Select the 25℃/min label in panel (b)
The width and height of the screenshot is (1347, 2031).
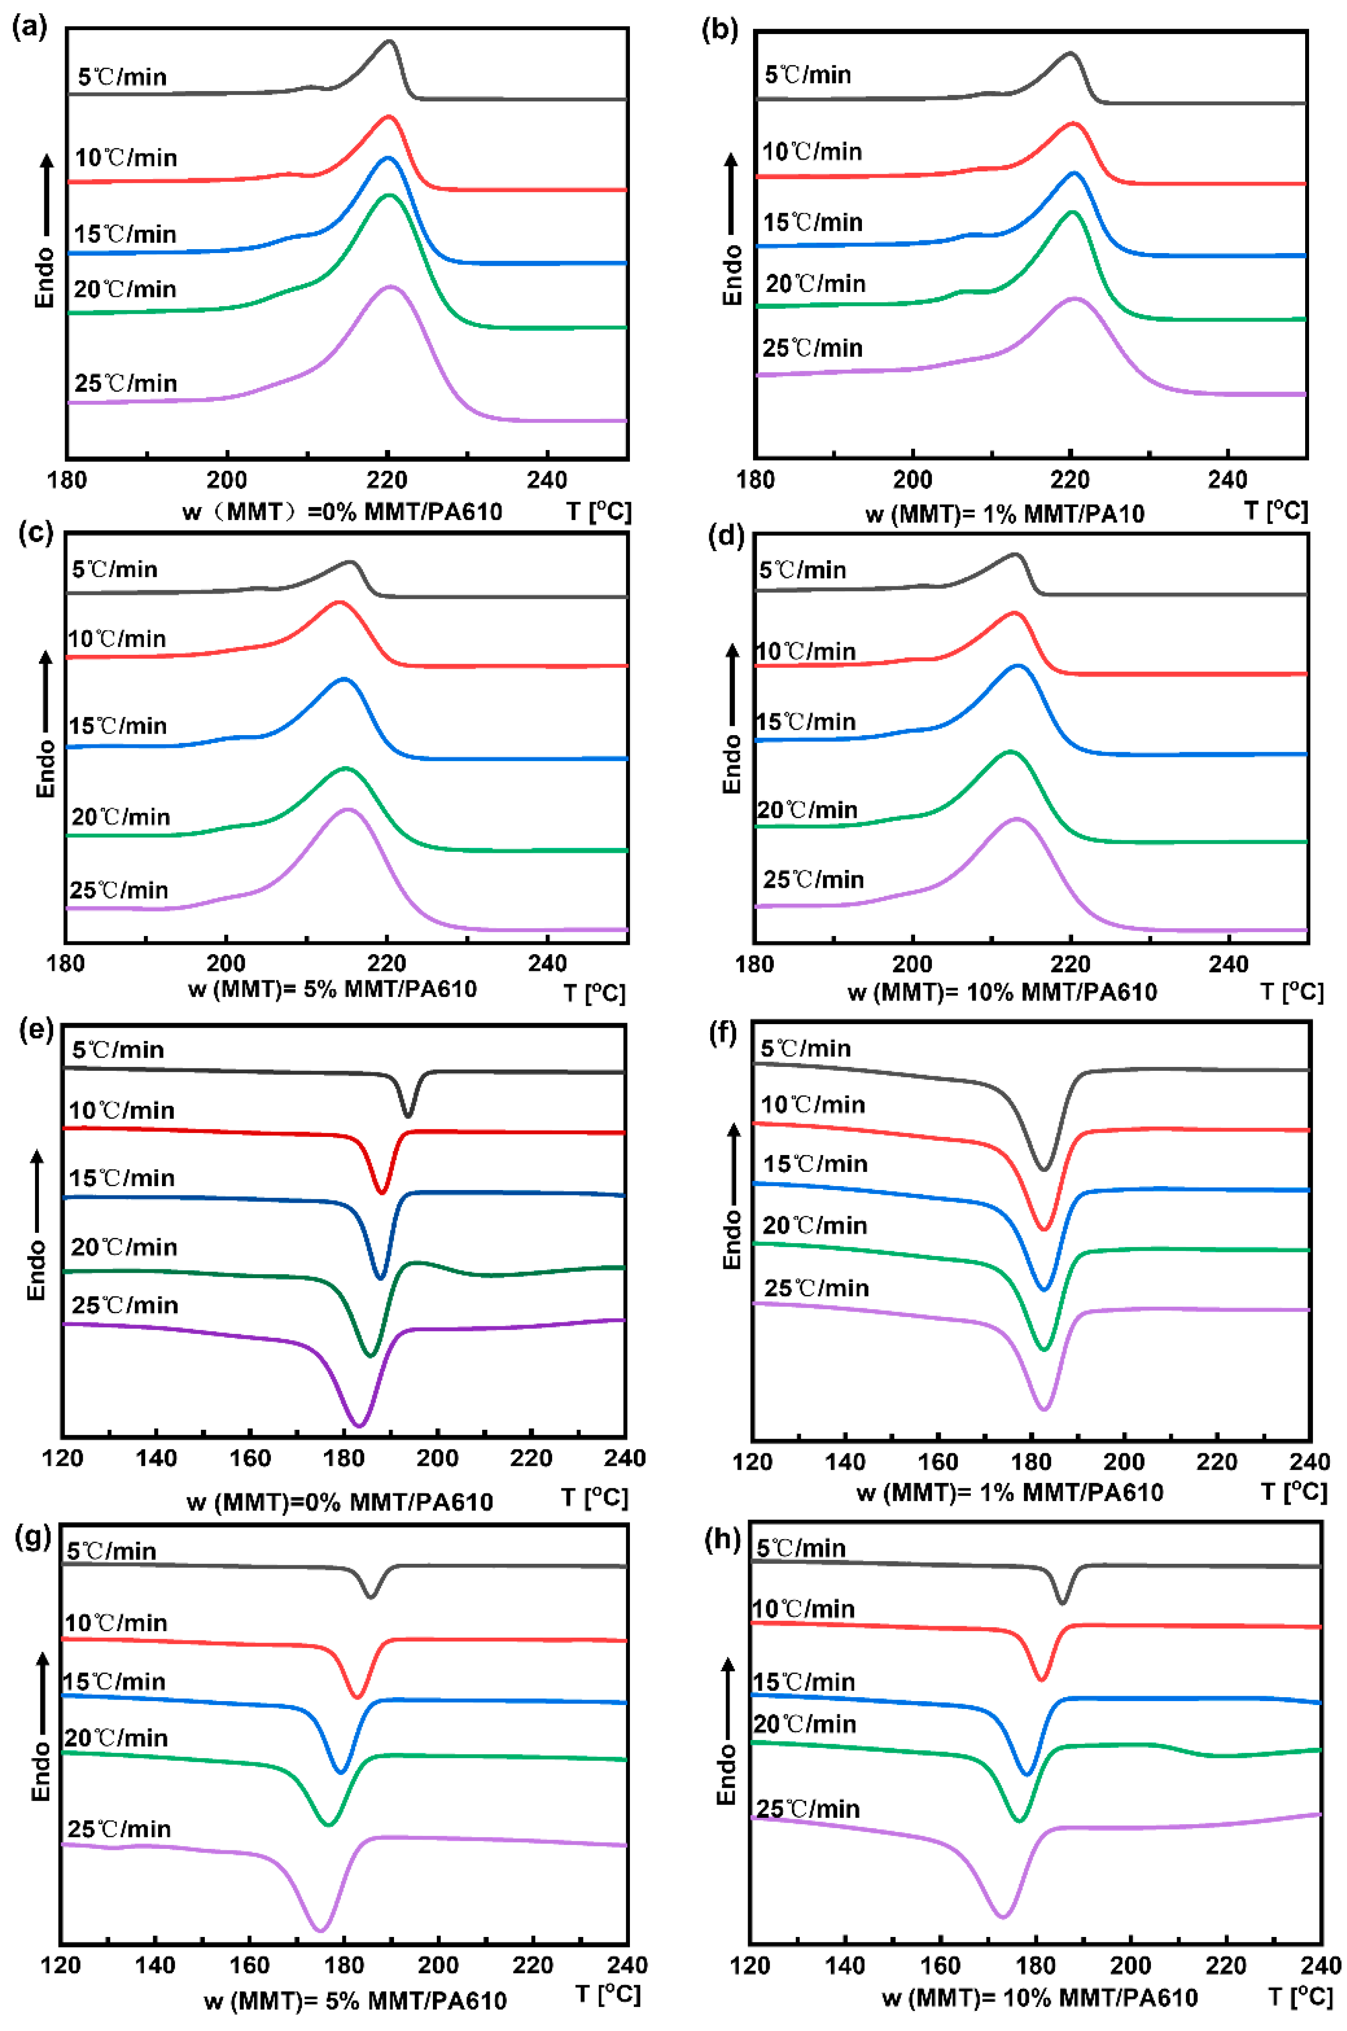812,348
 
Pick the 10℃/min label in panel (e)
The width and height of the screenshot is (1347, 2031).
121,1110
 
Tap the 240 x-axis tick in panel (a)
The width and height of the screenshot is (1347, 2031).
547,480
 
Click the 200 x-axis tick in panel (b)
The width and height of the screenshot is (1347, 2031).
912,480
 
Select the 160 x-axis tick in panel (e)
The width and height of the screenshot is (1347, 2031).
250,1458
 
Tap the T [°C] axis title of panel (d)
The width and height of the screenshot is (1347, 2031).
1291,992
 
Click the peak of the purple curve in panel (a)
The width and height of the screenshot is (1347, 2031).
391,287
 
